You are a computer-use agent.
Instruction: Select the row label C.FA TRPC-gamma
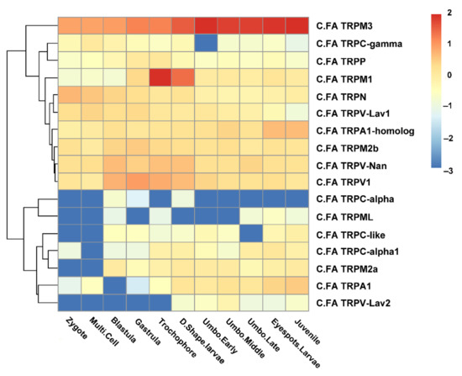tap(354, 44)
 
